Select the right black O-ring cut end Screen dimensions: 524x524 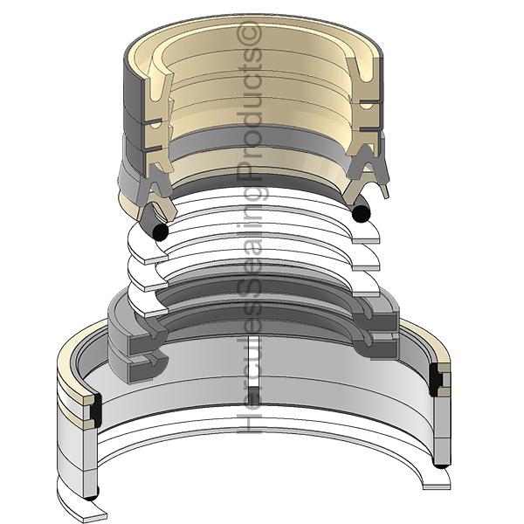coord(362,213)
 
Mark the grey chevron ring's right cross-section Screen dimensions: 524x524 coord(365,164)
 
